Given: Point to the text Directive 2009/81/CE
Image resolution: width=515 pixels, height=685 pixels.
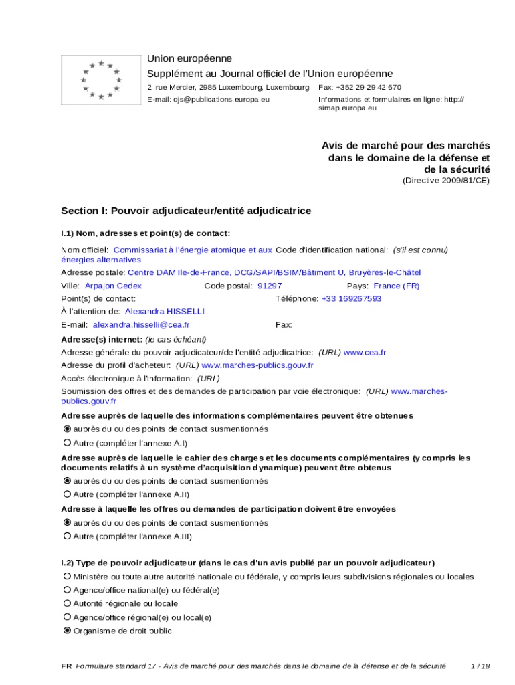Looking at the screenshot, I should tap(445, 181).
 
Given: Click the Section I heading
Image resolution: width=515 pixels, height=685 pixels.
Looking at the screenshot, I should tap(186, 211).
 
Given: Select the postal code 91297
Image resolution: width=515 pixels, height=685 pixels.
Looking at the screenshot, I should tap(270, 286).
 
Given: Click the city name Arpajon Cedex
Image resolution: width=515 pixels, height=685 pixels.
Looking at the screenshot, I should tap(113, 286).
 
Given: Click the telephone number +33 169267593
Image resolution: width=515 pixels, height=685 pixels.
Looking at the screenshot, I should tap(352, 298).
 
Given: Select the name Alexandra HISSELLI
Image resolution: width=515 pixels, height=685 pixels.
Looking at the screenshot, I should tap(165, 312).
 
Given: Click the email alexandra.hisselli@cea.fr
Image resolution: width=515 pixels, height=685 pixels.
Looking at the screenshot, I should tap(141, 325).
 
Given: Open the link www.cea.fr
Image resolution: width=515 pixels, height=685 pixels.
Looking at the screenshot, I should tap(365, 352).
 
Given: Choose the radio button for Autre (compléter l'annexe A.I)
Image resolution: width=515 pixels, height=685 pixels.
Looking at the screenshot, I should tap(67, 443).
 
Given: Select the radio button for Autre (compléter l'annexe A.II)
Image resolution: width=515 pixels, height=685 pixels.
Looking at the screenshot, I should tap(67, 494).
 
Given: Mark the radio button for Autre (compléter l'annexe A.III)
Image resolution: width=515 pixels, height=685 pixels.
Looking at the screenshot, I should tap(67, 536).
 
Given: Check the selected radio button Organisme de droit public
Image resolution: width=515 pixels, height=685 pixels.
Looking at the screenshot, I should tap(67, 631).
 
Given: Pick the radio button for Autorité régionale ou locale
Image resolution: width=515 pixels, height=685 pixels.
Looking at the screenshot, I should tap(67, 603).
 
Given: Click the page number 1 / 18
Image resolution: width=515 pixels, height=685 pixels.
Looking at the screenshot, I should tap(480, 666).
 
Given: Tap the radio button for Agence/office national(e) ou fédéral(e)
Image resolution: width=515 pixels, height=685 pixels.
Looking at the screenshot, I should tap(67, 590).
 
